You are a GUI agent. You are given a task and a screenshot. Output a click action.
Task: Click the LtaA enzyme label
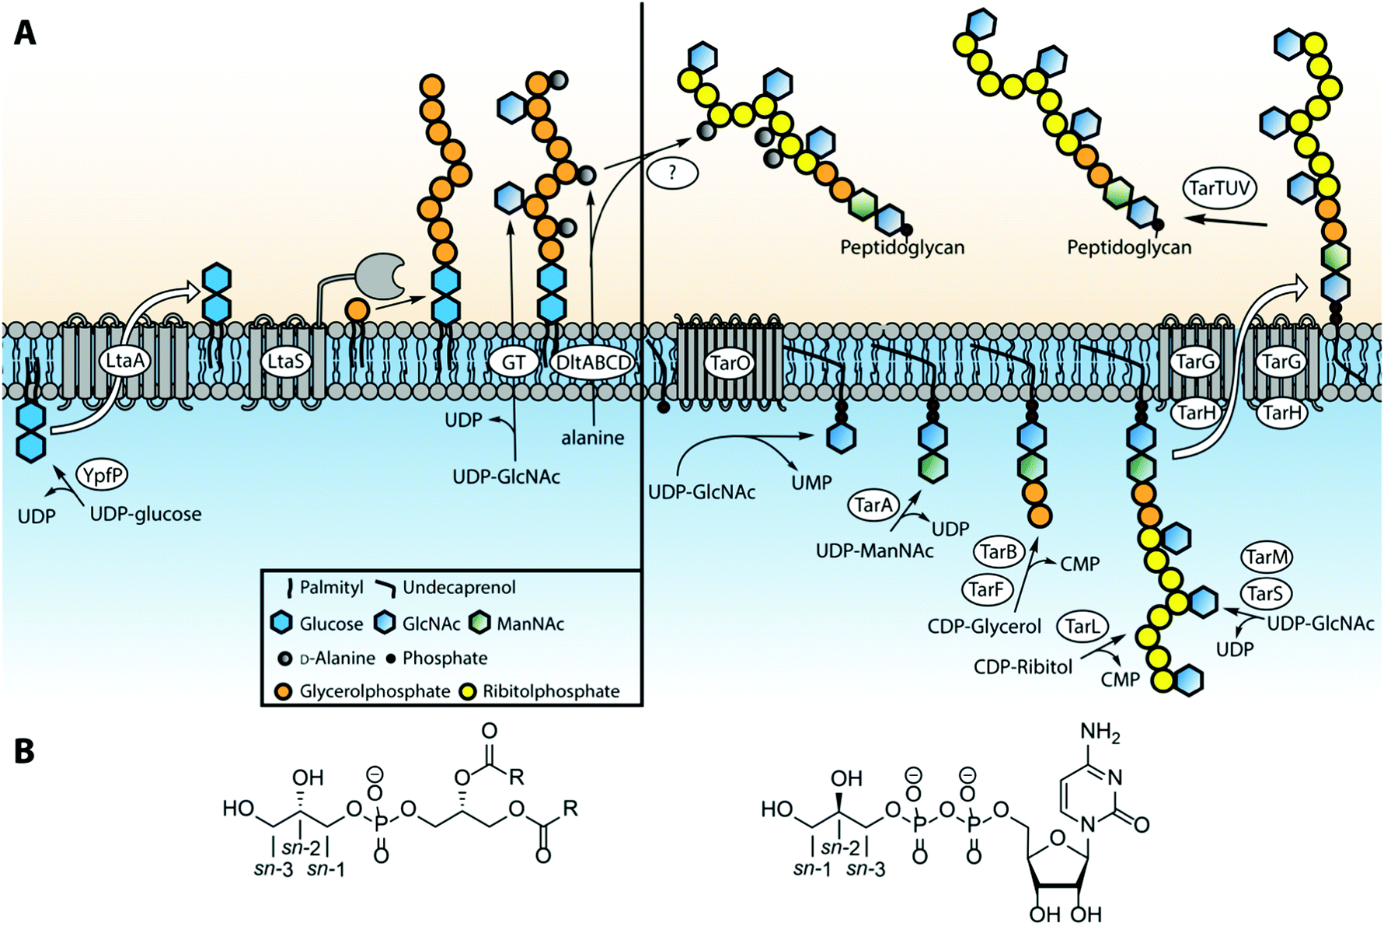pos(125,361)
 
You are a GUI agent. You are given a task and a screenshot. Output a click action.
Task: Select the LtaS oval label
pos(285,361)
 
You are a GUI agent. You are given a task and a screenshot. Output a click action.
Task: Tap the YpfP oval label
pos(102,474)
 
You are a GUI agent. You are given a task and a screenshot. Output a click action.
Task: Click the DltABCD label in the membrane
pos(593,363)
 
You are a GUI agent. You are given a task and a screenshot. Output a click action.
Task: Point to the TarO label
pos(730,362)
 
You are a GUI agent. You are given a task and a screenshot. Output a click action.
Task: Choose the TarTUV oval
pos(1218,188)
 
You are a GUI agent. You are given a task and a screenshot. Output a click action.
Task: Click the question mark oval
pos(672,173)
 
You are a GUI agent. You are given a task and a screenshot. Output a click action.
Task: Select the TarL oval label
pos(1082,626)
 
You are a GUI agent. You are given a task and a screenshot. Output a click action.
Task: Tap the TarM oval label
pos(1267,557)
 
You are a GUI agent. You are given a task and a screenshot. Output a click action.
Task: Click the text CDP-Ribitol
pos(1023,667)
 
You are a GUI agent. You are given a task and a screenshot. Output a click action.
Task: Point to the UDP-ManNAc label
pos(874,551)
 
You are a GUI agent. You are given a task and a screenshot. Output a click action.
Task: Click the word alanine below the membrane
pos(592,438)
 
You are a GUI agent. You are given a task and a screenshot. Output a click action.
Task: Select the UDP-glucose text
pos(145,514)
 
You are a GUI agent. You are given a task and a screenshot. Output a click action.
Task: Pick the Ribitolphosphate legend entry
pos(550,691)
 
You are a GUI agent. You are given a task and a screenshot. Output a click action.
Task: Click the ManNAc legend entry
pos(530,624)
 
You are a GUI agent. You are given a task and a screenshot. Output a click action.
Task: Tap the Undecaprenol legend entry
pos(458,588)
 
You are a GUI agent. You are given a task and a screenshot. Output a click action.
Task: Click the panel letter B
pos(24,752)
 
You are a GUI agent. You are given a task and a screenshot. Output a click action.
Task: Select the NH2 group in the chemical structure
pos(1100,732)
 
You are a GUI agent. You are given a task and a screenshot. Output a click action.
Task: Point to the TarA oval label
pos(873,505)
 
